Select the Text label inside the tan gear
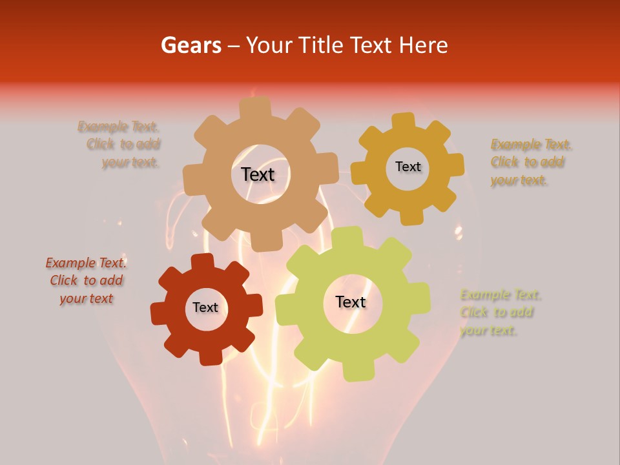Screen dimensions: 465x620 (x=258, y=174)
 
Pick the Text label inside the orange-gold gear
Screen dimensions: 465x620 (x=408, y=167)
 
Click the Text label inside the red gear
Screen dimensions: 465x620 (x=205, y=308)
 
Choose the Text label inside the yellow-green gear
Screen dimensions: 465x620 (x=351, y=302)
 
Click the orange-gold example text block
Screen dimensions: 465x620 (x=530, y=162)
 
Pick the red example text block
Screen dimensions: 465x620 (x=86, y=281)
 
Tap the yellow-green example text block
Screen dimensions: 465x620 (x=499, y=313)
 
